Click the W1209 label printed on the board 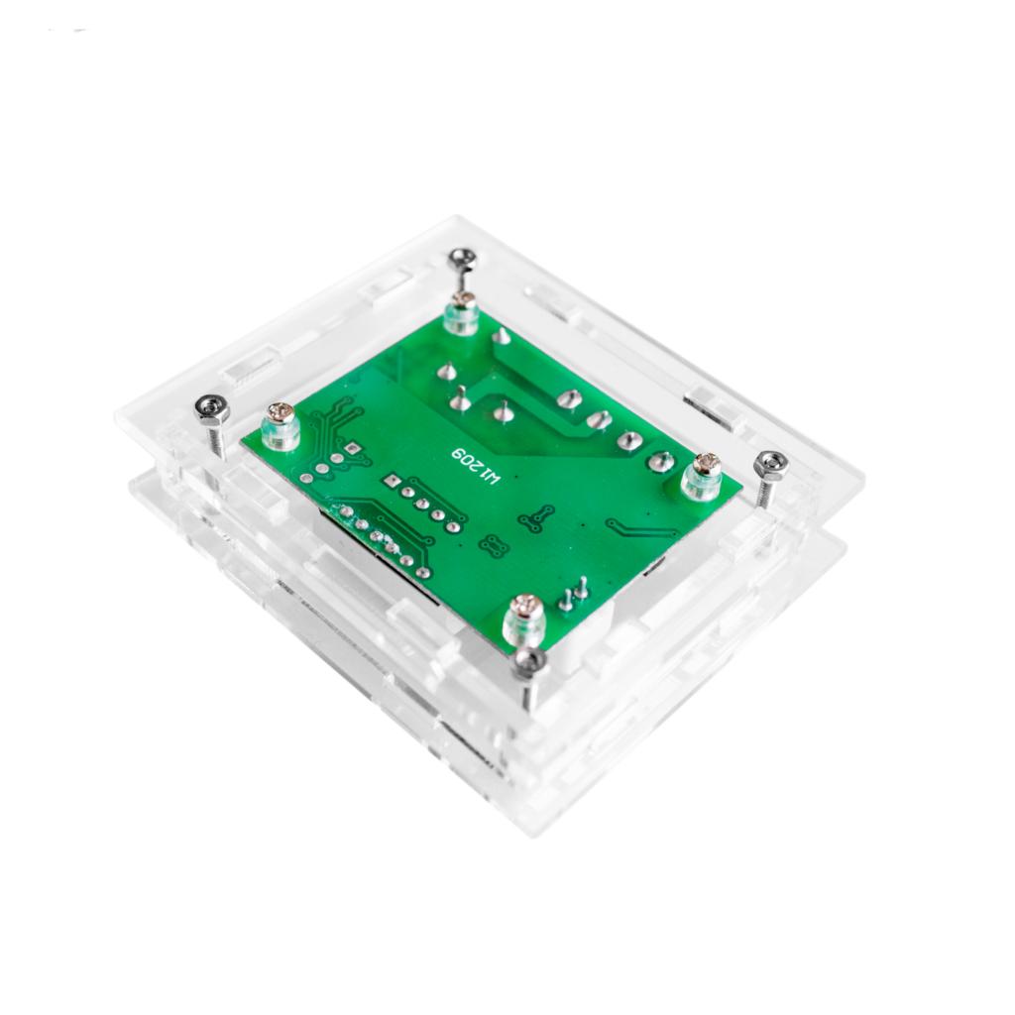477,466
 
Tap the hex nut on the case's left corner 213,407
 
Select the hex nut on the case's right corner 770,463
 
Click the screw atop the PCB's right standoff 707,464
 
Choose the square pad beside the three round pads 353,452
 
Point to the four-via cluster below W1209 493,545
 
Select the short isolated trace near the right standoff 631,529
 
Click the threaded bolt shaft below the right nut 765,490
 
